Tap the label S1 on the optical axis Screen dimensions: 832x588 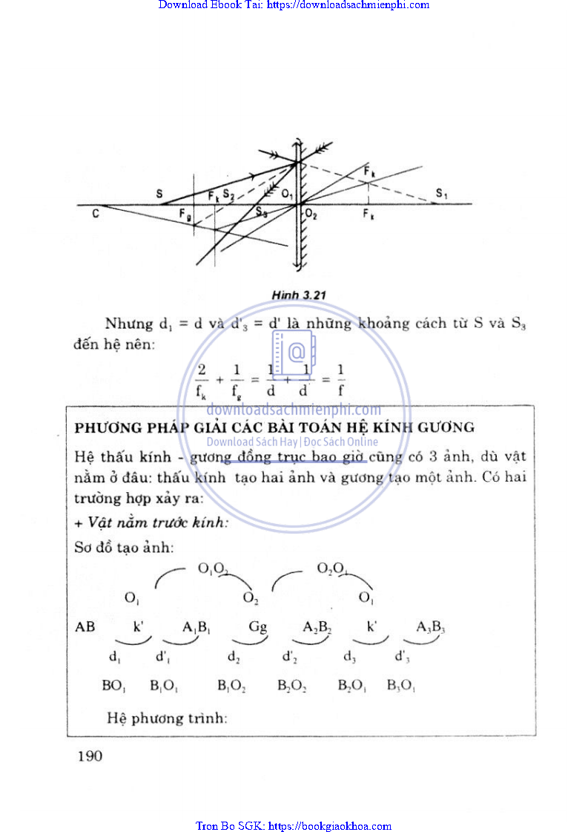click(442, 194)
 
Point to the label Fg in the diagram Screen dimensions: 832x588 click(185, 213)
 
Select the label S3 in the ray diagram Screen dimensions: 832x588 click(261, 212)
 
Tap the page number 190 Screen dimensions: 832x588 click(88, 756)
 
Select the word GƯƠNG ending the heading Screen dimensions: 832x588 click(446, 428)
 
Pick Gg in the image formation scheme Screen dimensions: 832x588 click(257, 627)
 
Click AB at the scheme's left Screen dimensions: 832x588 click(85, 627)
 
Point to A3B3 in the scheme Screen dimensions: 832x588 click(430, 628)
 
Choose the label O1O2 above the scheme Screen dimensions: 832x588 click(213, 569)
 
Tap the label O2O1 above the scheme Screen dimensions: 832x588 click(331, 569)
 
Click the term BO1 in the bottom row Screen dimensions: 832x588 click(113, 687)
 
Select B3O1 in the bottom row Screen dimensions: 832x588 click(401, 687)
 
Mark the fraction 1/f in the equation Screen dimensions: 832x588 click(341, 380)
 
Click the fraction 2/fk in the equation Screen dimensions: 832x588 click(201, 380)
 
